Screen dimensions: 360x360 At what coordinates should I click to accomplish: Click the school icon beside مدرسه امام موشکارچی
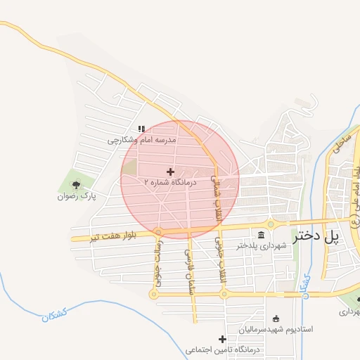[141, 129]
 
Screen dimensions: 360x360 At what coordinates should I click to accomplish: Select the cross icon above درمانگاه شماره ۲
[170, 172]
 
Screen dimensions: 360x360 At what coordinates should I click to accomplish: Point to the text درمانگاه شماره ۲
[171, 182]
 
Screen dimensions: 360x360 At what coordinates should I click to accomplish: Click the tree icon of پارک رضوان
[75, 185]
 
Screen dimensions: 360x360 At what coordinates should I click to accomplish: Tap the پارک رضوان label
[76, 196]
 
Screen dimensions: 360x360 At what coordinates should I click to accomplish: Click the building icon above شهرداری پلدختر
[262, 235]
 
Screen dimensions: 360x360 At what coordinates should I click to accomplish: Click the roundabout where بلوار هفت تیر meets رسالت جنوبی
[158, 232]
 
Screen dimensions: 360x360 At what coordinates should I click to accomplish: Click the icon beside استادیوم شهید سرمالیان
[276, 318]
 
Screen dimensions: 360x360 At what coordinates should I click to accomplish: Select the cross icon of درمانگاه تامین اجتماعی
[223, 339]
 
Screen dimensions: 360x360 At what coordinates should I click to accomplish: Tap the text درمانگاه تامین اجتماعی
[223, 349]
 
